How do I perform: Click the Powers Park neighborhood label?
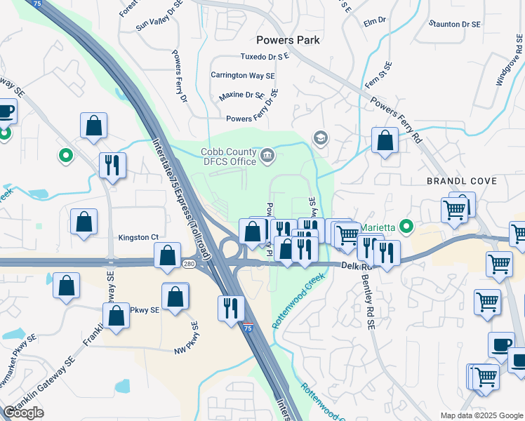[x=288, y=40]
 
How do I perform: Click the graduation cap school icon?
[x=321, y=137]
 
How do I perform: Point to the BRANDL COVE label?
[x=462, y=181]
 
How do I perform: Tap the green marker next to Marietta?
[x=406, y=227]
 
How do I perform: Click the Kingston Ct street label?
[x=138, y=238]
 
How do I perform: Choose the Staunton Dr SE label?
[x=456, y=24]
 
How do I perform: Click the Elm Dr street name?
[x=376, y=21]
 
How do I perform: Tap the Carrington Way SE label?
[x=243, y=75]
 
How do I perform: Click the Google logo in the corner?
[x=23, y=413]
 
